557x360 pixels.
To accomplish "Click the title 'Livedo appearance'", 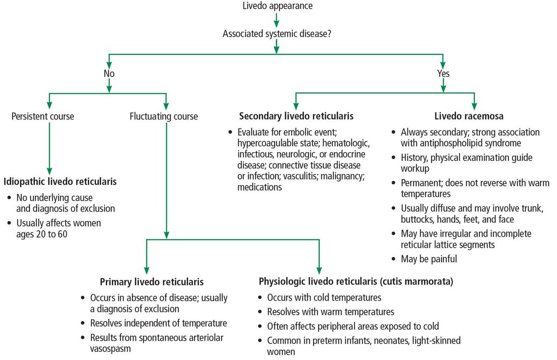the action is tap(278, 6).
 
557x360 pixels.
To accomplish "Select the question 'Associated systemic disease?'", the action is tap(277, 34).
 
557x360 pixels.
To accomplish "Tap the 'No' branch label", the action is tap(109, 74).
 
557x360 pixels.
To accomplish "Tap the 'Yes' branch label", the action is tap(443, 74).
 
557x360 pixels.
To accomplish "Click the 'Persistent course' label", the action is tap(43, 116).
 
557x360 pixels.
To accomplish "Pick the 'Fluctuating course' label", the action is tap(163, 116).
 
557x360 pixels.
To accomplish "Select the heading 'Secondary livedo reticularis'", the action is tap(296, 116).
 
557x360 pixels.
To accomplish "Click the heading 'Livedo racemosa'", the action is tap(469, 116).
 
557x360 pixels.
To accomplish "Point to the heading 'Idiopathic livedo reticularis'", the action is tap(60, 181).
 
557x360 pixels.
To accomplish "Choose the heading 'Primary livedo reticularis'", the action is tap(152, 282).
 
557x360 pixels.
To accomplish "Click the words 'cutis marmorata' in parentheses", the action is tap(416, 282).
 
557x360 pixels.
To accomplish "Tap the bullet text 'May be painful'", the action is tap(429, 259).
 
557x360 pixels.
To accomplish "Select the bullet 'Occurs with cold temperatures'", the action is tap(324, 298).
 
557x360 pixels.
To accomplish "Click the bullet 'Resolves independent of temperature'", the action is tap(158, 323).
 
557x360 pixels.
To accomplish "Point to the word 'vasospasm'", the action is tap(110, 349).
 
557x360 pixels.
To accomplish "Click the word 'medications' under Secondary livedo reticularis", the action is tap(259, 187).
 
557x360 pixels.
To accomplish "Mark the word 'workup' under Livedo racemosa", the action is tap(415, 169).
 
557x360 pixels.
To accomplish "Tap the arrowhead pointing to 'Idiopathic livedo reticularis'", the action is tap(49, 171).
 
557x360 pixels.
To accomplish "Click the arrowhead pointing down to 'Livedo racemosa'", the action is tap(474, 106).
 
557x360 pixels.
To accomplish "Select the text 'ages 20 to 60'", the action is tap(42, 234).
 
